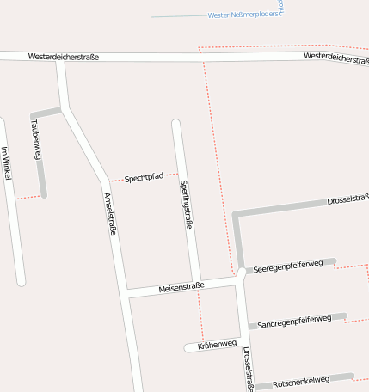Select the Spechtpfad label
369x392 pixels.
click(x=144, y=177)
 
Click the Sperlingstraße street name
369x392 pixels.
click(x=186, y=204)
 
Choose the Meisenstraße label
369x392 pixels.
click(x=181, y=287)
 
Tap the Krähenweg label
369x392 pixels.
click(x=216, y=344)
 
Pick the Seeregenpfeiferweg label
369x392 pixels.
click(x=287, y=266)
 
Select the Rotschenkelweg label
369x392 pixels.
click(x=301, y=380)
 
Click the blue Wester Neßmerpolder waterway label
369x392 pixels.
click(x=245, y=15)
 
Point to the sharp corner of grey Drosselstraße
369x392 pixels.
click(x=236, y=213)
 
